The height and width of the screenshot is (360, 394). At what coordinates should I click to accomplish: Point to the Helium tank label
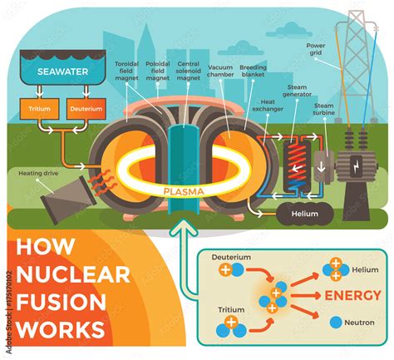point(303,213)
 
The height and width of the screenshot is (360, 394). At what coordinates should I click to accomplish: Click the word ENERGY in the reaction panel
point(352,295)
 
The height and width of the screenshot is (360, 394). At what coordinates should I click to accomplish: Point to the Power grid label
point(315,49)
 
